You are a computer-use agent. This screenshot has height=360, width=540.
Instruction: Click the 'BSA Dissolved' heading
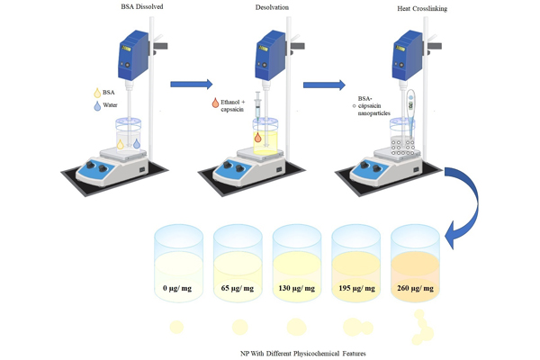(121, 8)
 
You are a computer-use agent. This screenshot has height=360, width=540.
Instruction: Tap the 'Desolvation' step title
(267, 8)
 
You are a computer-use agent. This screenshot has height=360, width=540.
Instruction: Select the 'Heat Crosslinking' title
(420, 9)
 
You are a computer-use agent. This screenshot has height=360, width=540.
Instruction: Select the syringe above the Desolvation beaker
(259, 112)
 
